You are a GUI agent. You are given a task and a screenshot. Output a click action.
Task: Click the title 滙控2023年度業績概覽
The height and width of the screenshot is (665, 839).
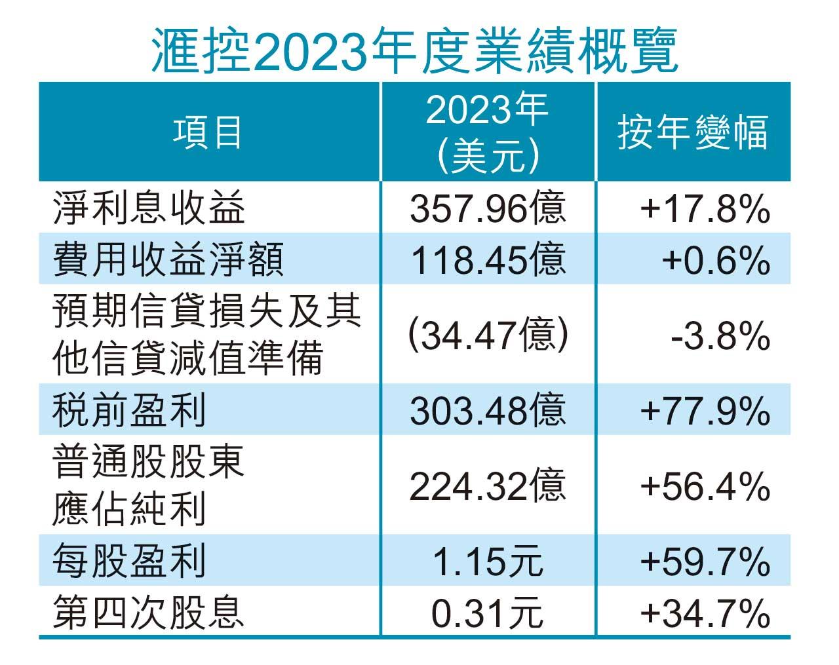coord(414,50)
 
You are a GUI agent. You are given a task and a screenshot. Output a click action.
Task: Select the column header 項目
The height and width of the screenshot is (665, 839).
coord(208,132)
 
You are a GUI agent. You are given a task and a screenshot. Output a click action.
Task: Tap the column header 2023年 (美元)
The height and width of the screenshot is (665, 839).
coord(488,132)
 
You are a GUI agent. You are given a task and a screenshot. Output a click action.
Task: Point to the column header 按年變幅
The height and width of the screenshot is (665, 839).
coord(693,132)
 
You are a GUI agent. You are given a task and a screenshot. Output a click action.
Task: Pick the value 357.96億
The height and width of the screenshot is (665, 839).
coord(488,209)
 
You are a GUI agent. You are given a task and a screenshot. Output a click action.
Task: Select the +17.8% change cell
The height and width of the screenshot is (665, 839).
coord(705,209)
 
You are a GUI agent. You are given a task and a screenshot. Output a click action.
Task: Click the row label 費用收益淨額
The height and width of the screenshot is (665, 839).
coord(168,259)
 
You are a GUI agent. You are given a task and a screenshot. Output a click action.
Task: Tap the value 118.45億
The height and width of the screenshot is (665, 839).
coord(488,259)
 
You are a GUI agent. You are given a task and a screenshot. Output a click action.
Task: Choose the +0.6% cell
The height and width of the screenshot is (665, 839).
coord(715,259)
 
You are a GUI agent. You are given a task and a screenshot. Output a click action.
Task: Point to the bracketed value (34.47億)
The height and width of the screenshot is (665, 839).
coord(488,335)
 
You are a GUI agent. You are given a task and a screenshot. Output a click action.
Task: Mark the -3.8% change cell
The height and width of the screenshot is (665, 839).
coord(720,335)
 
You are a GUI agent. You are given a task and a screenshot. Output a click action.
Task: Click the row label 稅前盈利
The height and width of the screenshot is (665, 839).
coord(130,411)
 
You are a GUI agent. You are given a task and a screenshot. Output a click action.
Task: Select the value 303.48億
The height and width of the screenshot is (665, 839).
coord(488,411)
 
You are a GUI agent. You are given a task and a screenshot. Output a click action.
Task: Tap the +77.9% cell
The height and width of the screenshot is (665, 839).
coord(705,411)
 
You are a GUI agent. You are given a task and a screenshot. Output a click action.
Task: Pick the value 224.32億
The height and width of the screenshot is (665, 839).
coord(488,486)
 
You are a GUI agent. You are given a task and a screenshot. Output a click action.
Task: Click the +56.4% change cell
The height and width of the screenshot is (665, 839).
coord(705,486)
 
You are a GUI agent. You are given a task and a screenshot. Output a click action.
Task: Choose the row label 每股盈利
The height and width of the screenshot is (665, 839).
coord(130,561)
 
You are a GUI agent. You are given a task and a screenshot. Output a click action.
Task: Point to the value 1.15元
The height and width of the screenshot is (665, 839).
coord(488,561)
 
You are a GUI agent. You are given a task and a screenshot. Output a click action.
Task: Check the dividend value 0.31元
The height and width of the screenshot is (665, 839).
coord(488,613)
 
